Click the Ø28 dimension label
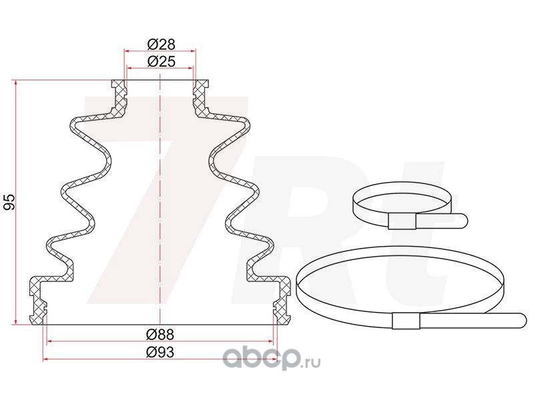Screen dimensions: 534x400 [x=161, y=44]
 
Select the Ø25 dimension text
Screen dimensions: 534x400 [x=161, y=61]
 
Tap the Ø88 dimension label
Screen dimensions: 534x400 [x=160, y=335]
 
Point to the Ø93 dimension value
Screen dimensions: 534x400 [x=160, y=353]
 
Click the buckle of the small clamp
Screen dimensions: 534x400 [x=403, y=221]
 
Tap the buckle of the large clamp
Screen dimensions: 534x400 [x=406, y=321]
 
